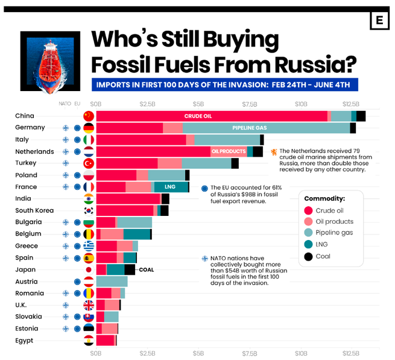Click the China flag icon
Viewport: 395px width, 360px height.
pos(89,116)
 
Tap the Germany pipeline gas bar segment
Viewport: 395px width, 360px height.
pos(265,128)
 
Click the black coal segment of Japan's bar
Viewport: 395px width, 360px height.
pos(130,270)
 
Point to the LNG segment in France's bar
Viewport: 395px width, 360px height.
pos(171,187)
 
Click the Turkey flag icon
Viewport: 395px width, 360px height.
pos(89,163)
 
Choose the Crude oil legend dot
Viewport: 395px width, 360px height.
pos(309,210)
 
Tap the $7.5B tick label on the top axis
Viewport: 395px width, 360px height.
pos(250,103)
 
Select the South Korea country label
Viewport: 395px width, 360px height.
pos(34,210)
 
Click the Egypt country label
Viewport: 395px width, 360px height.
pos(25,341)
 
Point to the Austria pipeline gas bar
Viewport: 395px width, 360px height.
pos(112,282)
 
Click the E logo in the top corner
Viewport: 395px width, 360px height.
pos(379,21)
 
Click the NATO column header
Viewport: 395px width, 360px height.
pos(65,103)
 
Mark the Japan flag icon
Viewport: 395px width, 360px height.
pos(89,270)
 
